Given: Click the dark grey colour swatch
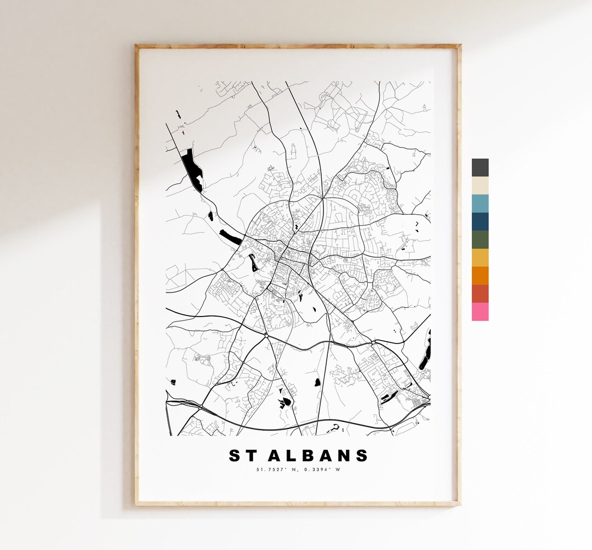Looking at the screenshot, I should point(480,168).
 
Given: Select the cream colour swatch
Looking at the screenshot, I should point(480,186).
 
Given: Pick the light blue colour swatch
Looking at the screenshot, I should point(480,204).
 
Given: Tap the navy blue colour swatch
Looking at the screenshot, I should point(480,222).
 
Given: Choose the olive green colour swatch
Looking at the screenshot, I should point(480,240).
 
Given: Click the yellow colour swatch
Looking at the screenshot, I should point(480,258).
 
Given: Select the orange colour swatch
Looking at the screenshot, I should point(480,276).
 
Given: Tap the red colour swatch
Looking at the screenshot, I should point(480,294).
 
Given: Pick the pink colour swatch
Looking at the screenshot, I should point(480,312).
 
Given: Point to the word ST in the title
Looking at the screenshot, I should point(242,455).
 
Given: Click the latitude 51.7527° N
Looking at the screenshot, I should point(277,469).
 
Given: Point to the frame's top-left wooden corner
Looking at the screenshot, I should point(137,47).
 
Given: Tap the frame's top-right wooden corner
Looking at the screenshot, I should point(458,47).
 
